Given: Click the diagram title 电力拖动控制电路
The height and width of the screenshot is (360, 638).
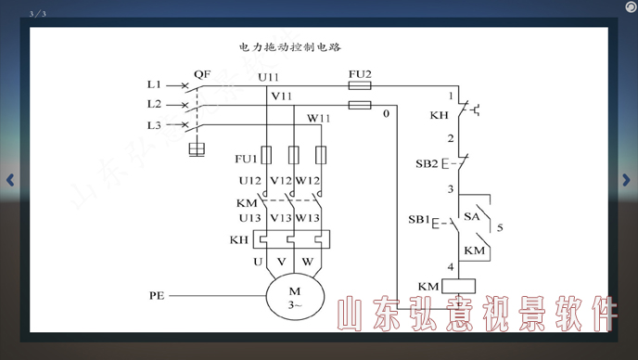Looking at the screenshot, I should [291, 45].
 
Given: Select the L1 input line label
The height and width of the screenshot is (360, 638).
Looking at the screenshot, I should [154, 84].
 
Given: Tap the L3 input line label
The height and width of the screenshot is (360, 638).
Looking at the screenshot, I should [154, 125].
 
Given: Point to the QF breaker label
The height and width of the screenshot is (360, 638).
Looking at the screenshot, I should [202, 73].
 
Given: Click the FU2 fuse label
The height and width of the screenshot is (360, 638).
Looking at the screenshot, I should [360, 73].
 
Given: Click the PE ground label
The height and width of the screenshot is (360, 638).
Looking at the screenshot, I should [157, 296].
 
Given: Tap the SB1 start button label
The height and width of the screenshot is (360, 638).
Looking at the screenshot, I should [420, 221].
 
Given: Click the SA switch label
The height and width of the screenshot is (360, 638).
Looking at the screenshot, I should [471, 216].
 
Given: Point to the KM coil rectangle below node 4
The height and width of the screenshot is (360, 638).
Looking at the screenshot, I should [460, 286].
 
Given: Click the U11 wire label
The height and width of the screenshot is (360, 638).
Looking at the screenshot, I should [269, 77].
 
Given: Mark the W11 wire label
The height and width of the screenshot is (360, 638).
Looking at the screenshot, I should [319, 118].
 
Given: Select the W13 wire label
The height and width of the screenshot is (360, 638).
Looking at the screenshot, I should [308, 218].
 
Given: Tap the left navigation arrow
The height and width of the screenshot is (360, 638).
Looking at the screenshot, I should [10, 180].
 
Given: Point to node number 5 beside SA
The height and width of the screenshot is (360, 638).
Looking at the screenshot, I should [500, 226].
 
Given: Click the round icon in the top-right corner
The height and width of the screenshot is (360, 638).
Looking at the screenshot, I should [618, 8].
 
